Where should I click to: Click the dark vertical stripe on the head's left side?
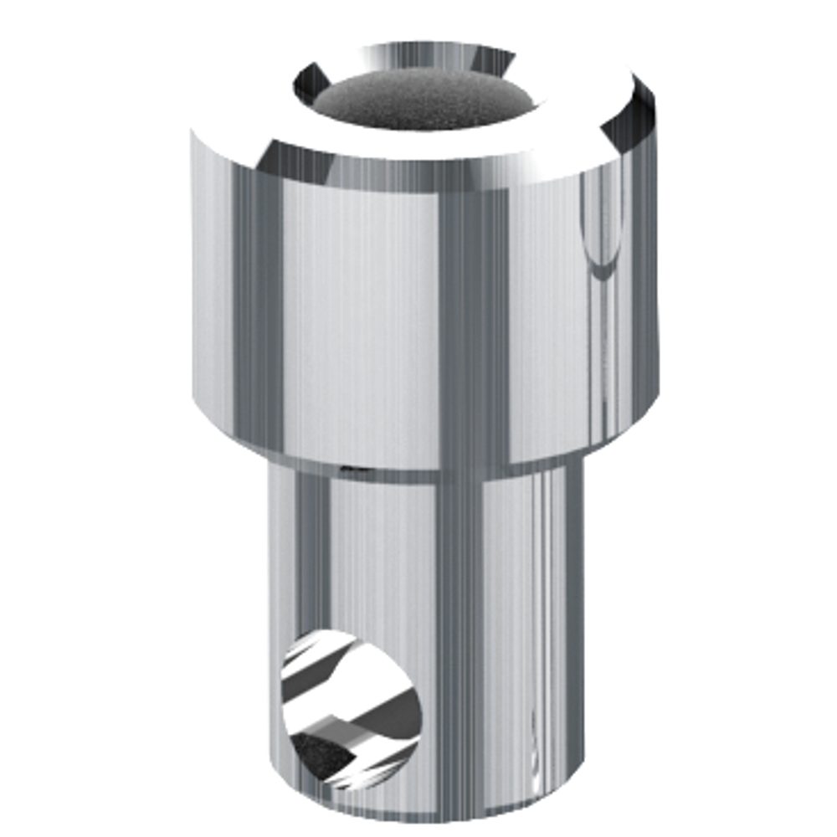point(251,318)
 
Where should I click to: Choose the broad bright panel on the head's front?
point(360,318)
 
